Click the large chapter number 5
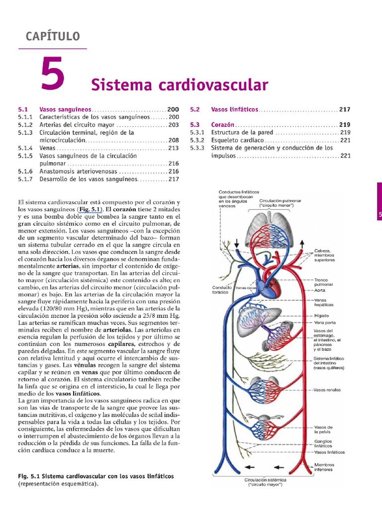click(53, 74)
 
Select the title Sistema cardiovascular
click(180, 85)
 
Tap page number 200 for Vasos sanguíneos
click(173, 109)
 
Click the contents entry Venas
click(48, 148)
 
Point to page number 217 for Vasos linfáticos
click(345, 109)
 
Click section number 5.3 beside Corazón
click(194, 125)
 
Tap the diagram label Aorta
click(320, 290)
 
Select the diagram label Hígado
click(321, 316)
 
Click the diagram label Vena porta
click(324, 323)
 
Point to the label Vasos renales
click(327, 390)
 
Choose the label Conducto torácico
click(222, 290)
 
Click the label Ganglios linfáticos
click(323, 443)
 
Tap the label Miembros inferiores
click(324, 467)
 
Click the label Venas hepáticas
click(324, 302)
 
